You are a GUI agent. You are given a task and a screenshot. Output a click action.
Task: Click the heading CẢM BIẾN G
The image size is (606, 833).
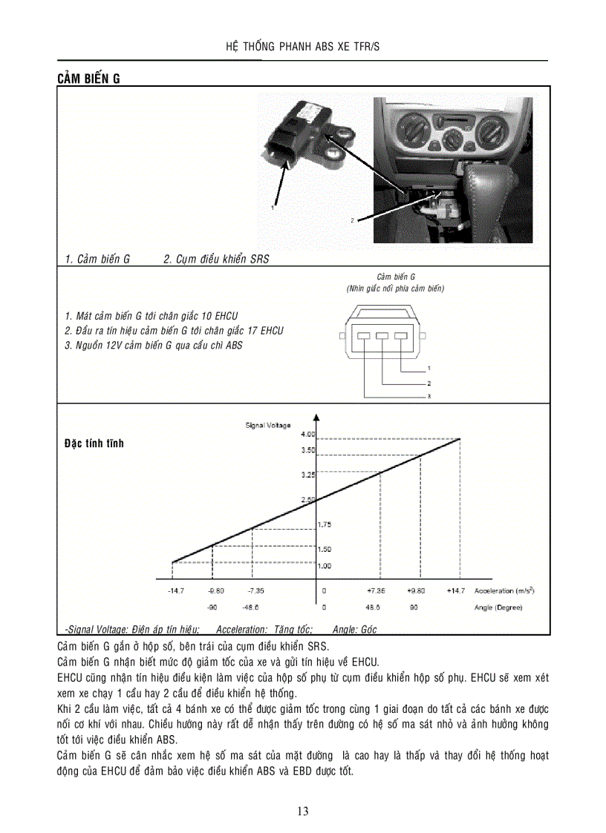pos(88,79)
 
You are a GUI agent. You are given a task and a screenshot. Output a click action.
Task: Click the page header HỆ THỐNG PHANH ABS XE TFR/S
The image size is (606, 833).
pos(302,47)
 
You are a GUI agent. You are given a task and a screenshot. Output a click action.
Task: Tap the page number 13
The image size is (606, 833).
pos(303,811)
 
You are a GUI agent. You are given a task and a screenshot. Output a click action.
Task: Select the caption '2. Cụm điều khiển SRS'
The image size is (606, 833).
pos(216,259)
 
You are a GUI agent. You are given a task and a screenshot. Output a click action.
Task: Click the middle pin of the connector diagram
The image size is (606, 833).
pos(382,337)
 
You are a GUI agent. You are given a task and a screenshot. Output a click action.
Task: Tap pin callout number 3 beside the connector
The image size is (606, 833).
pos(429,397)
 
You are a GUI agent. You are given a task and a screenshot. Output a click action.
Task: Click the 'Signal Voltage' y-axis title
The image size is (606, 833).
pos(268,425)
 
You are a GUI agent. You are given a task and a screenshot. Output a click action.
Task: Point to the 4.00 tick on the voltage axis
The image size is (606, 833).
pos(307,433)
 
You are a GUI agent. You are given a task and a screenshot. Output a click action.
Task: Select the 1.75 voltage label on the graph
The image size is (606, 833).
pos(324,524)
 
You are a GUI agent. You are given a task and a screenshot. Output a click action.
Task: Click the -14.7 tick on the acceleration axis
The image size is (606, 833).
pos(176,591)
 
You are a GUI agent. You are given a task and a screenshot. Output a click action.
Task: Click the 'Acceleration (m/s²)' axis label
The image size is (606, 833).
pos(504,591)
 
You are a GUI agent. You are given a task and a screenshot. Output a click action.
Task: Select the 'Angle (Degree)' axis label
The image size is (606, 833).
pos(498,608)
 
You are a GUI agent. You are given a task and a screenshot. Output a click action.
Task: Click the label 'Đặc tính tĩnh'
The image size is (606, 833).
pos(94,444)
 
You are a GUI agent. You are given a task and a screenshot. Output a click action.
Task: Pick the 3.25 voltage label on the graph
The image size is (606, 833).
pos(307,474)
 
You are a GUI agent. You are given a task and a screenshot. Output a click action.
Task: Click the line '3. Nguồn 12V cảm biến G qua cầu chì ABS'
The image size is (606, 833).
pos(154,345)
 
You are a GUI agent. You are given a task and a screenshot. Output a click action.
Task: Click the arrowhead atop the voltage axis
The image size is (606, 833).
pos(316,417)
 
